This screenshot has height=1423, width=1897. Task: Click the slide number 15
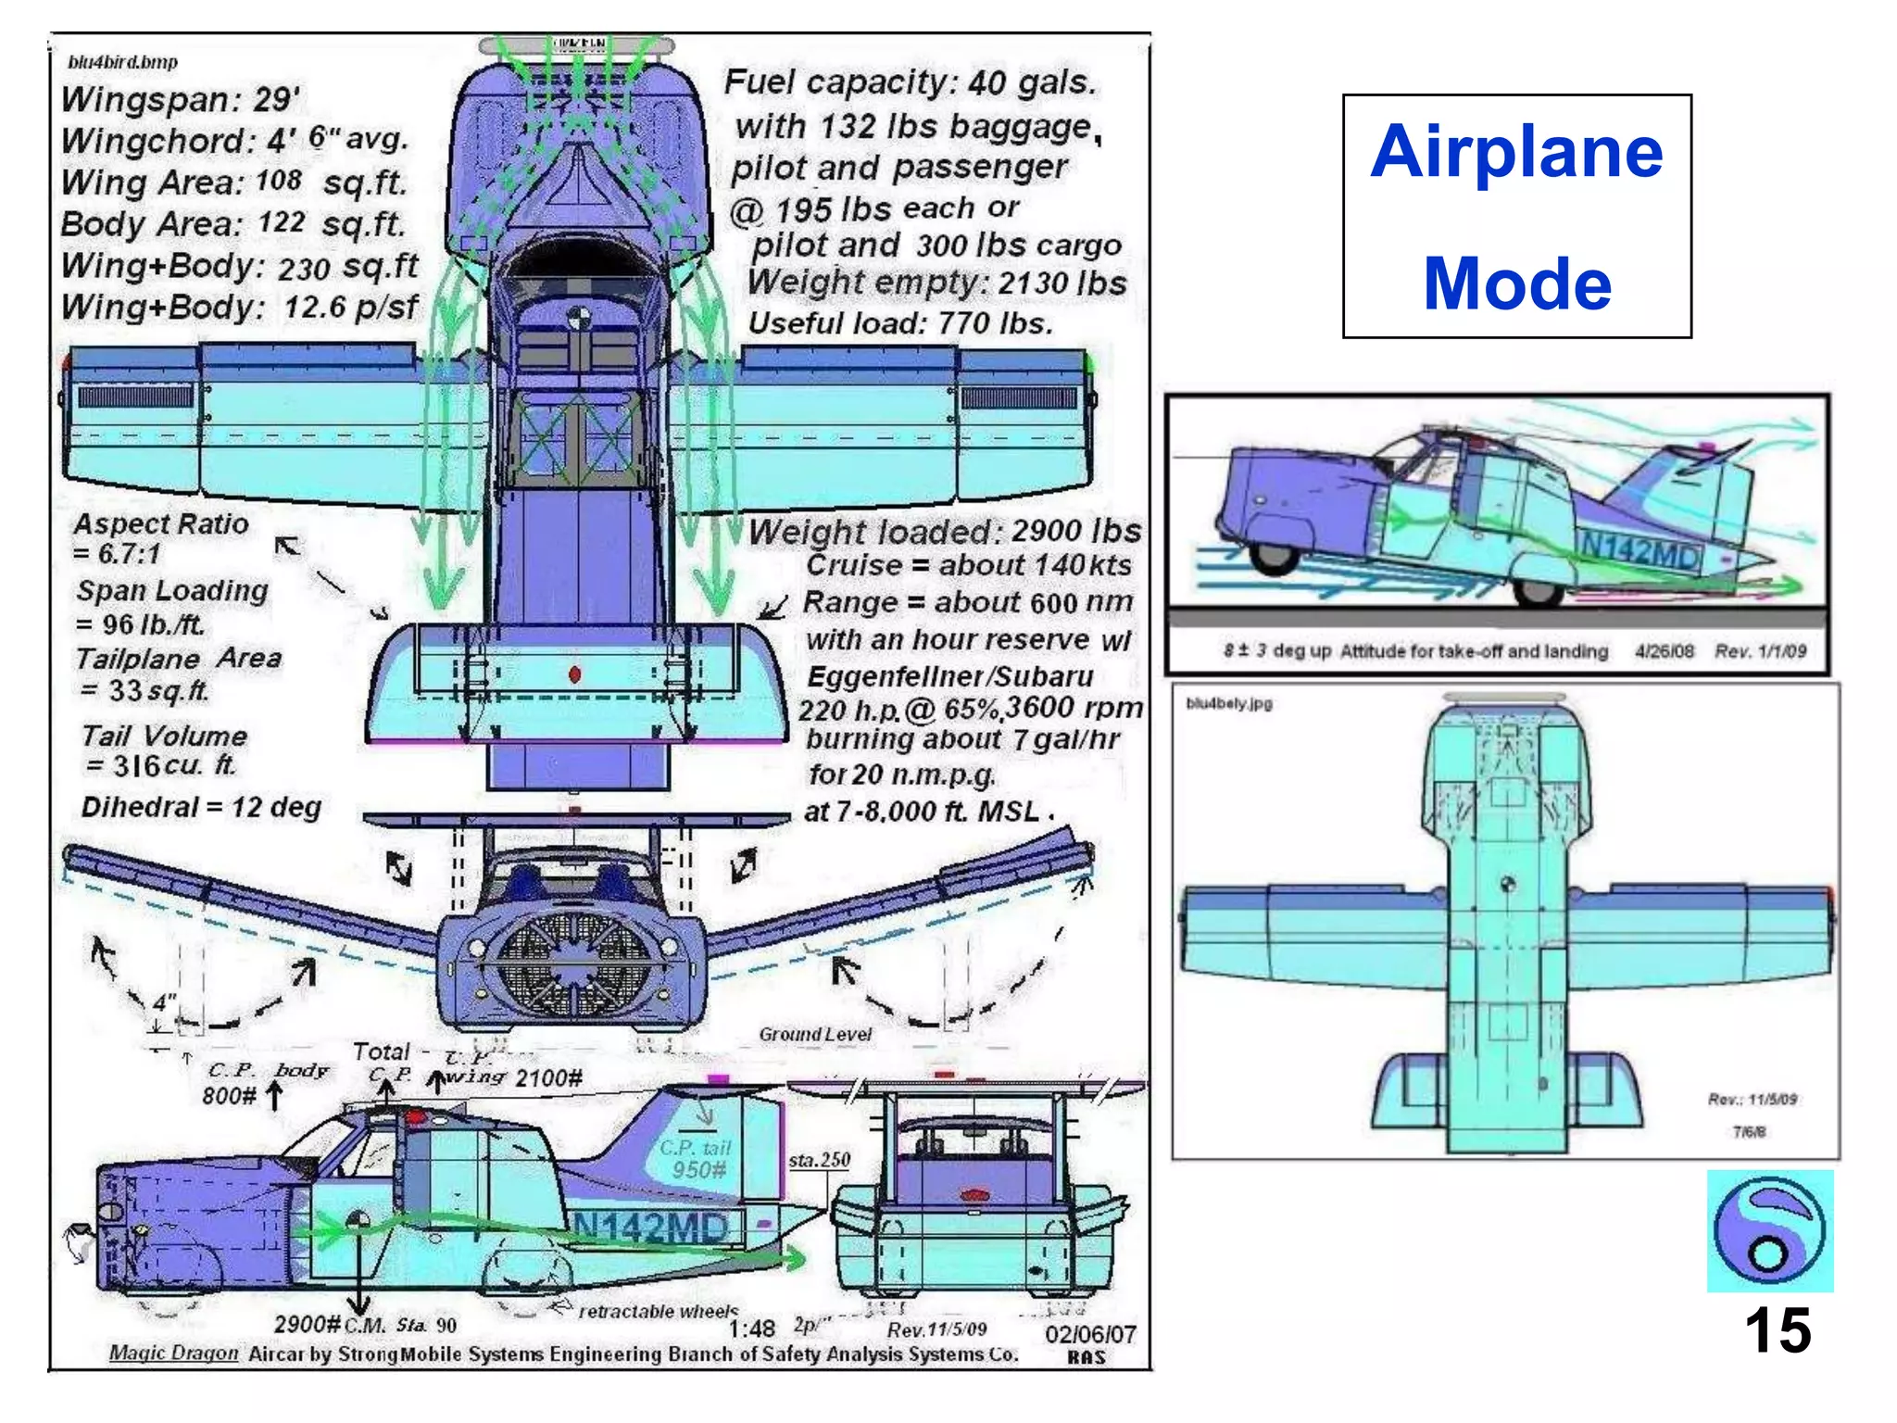click(1777, 1331)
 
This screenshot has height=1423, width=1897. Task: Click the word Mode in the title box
click(1516, 283)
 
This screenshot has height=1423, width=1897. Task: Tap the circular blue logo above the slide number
click(1769, 1230)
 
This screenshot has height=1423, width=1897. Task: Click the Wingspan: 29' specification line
click(181, 99)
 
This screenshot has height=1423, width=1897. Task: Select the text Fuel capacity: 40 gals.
click(910, 82)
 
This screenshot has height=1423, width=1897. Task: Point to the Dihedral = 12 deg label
click(201, 807)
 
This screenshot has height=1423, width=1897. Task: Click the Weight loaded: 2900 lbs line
click(945, 531)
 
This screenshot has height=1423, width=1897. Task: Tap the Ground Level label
click(815, 1034)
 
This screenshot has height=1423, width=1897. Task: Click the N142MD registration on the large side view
click(651, 1228)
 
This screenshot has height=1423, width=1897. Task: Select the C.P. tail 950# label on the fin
click(697, 1159)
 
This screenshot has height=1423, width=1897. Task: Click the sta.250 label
click(819, 1160)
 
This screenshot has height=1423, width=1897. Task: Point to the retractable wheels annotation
click(658, 1311)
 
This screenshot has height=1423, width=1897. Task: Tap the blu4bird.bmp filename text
click(122, 62)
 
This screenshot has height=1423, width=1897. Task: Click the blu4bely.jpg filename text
click(1229, 703)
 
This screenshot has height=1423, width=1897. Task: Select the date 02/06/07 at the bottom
click(1090, 1334)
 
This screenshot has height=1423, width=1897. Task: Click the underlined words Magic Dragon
click(173, 1353)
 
